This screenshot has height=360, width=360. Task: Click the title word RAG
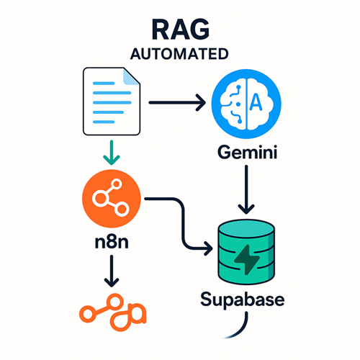coord(181,30)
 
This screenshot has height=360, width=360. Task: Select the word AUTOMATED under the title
coord(179,54)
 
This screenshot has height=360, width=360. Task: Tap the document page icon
coord(112,102)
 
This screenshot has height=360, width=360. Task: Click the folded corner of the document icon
coord(131,76)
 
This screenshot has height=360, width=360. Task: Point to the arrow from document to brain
coord(177,102)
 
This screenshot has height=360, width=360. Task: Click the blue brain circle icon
coord(246,104)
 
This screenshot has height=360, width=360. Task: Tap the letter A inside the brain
coord(256,102)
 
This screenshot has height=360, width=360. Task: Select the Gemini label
coord(248,152)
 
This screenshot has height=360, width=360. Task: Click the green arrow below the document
coord(112,153)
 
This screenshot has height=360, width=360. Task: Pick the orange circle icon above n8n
coord(112,199)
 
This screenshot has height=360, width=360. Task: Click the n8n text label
coord(112,242)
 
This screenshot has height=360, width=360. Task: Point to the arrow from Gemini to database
coord(246,189)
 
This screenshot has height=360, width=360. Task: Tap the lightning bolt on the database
coord(247,260)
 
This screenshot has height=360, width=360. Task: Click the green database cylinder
coord(246,252)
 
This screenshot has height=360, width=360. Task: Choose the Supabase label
coord(243,300)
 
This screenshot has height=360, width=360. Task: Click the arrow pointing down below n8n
coord(112,271)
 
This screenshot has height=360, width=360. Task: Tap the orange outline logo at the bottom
coord(112,312)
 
